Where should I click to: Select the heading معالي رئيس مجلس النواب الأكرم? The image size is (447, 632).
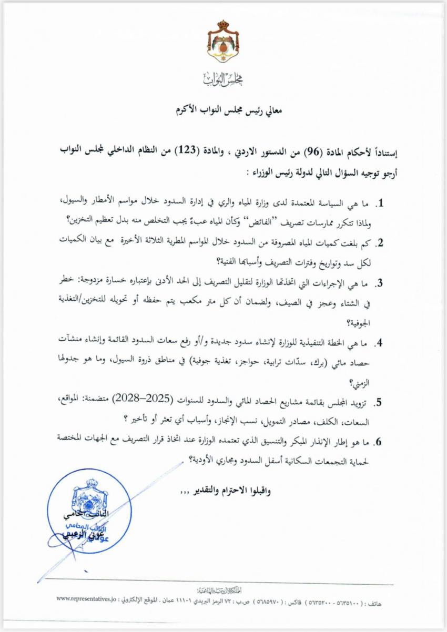tap(223, 111)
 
